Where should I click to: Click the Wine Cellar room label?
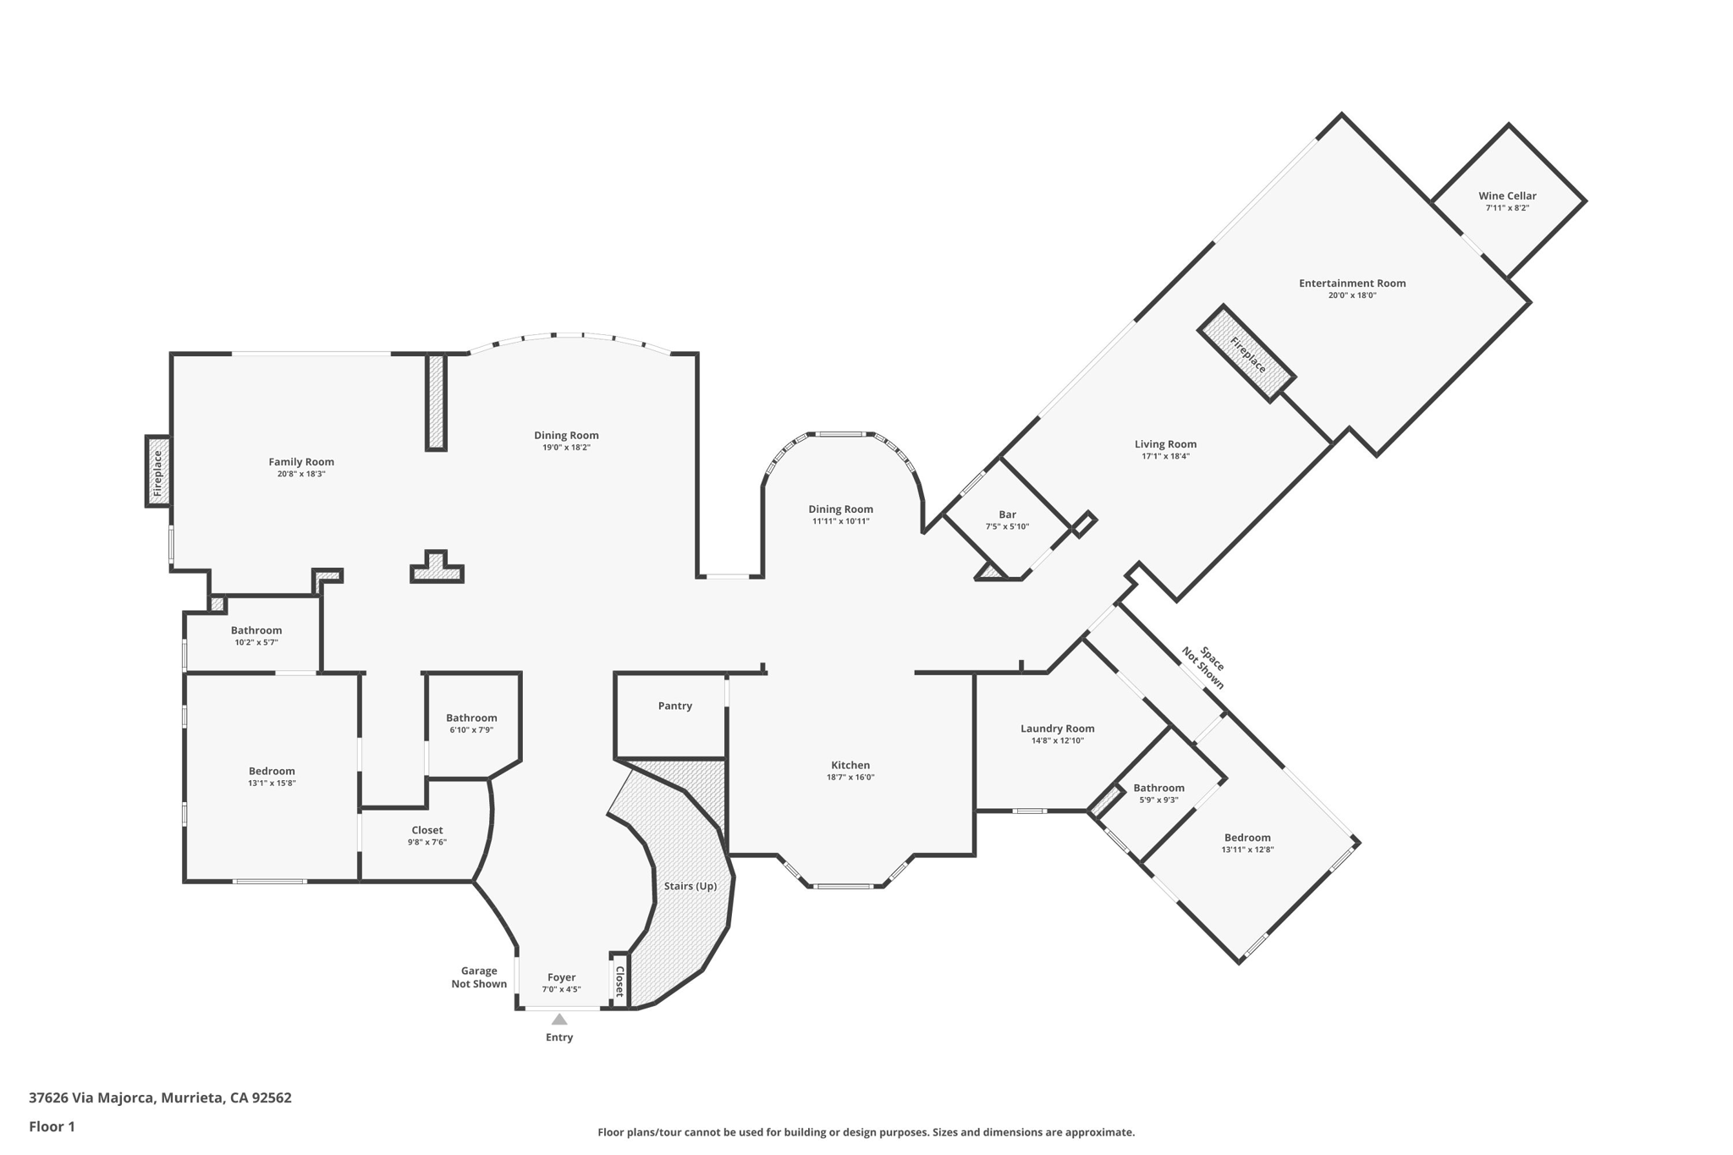(x=1507, y=195)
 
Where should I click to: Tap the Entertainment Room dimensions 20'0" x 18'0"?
(x=1352, y=295)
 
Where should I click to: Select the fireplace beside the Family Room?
(x=157, y=471)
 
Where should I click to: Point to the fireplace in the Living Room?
(x=1247, y=354)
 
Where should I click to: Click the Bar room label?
(x=1007, y=514)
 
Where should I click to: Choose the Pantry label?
(x=674, y=706)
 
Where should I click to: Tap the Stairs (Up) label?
(x=690, y=886)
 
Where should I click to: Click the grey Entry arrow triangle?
(x=559, y=1020)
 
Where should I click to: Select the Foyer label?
(x=561, y=977)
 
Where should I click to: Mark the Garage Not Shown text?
(x=479, y=977)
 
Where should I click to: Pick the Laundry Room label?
(x=1057, y=729)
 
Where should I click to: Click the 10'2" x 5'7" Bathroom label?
(x=256, y=630)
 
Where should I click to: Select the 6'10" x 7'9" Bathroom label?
(x=471, y=718)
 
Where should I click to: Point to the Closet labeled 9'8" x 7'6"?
(x=426, y=830)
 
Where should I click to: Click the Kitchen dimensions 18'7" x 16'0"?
(x=850, y=777)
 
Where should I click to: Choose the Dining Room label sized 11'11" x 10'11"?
(x=840, y=509)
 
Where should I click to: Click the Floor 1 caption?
(x=52, y=1126)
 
